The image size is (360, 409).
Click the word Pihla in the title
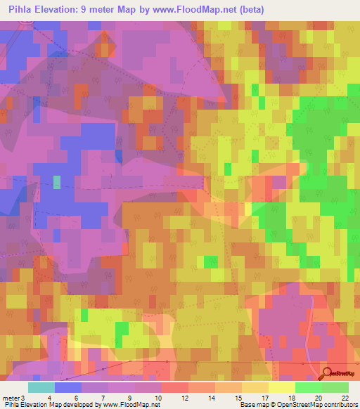click(22, 10)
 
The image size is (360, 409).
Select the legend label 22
click(345, 398)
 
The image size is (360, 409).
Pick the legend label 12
click(185, 398)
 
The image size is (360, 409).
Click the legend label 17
click(265, 398)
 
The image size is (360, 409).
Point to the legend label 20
click(319, 398)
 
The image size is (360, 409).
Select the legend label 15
click(238, 398)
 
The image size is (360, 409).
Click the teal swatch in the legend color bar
click(41, 387)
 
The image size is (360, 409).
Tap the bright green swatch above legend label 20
click(308, 387)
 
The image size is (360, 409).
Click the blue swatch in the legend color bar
click(68, 387)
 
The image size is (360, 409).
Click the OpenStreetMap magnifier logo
click(328, 373)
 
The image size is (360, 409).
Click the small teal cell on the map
click(57, 182)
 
